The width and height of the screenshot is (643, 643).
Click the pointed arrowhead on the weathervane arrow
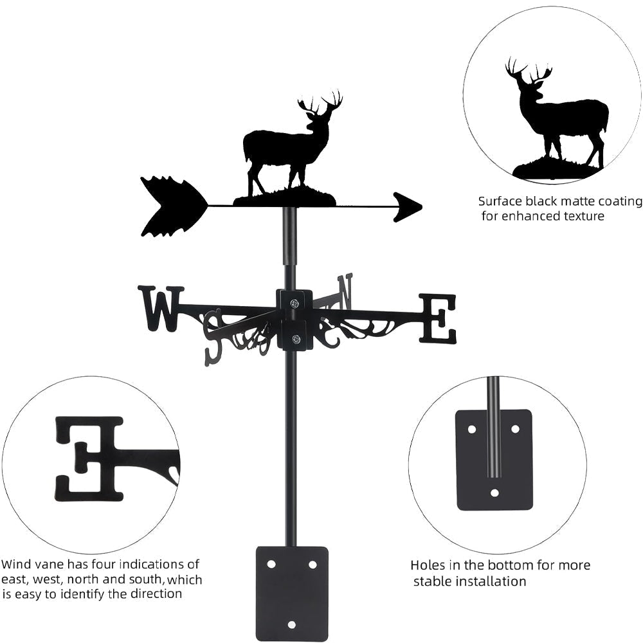click(x=407, y=207)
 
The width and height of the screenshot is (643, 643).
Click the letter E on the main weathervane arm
click(x=438, y=318)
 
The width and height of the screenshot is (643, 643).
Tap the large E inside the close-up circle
click(x=88, y=458)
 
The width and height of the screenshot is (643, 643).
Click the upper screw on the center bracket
click(x=294, y=303)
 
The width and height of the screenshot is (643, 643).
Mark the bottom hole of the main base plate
click(x=291, y=624)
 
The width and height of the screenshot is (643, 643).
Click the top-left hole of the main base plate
click(x=271, y=564)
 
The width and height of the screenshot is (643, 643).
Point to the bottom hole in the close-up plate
click(x=494, y=493)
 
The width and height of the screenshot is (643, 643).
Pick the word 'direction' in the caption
click(x=152, y=593)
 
